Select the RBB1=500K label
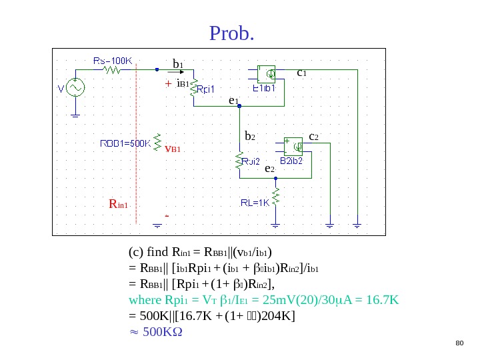click(x=125, y=143)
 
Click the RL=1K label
click(x=254, y=203)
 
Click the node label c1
click(x=301, y=71)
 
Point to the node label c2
click(x=313, y=137)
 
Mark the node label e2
click(x=269, y=169)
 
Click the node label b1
click(x=178, y=64)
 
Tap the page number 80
click(x=458, y=343)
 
